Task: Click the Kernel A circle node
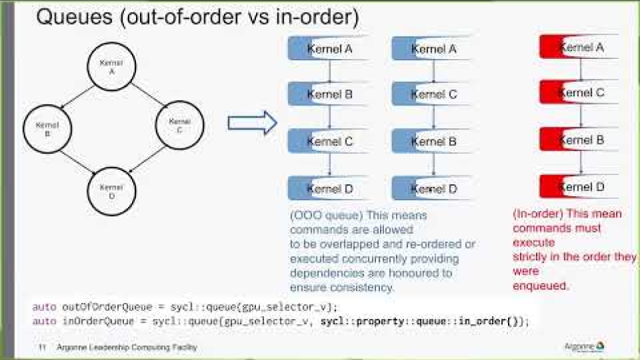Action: tap(111, 67)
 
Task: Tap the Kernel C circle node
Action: tap(179, 125)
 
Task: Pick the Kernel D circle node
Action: tap(111, 191)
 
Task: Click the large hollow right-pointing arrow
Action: tap(252, 123)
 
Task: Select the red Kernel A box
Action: tap(580, 48)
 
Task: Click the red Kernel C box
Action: tap(580, 93)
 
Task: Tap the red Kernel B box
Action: tap(580, 140)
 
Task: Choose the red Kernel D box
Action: tap(580, 187)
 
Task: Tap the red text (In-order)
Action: tap(536, 213)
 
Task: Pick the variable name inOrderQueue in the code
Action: tap(93, 321)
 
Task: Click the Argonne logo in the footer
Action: tap(584, 347)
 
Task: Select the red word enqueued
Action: tap(541, 286)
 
